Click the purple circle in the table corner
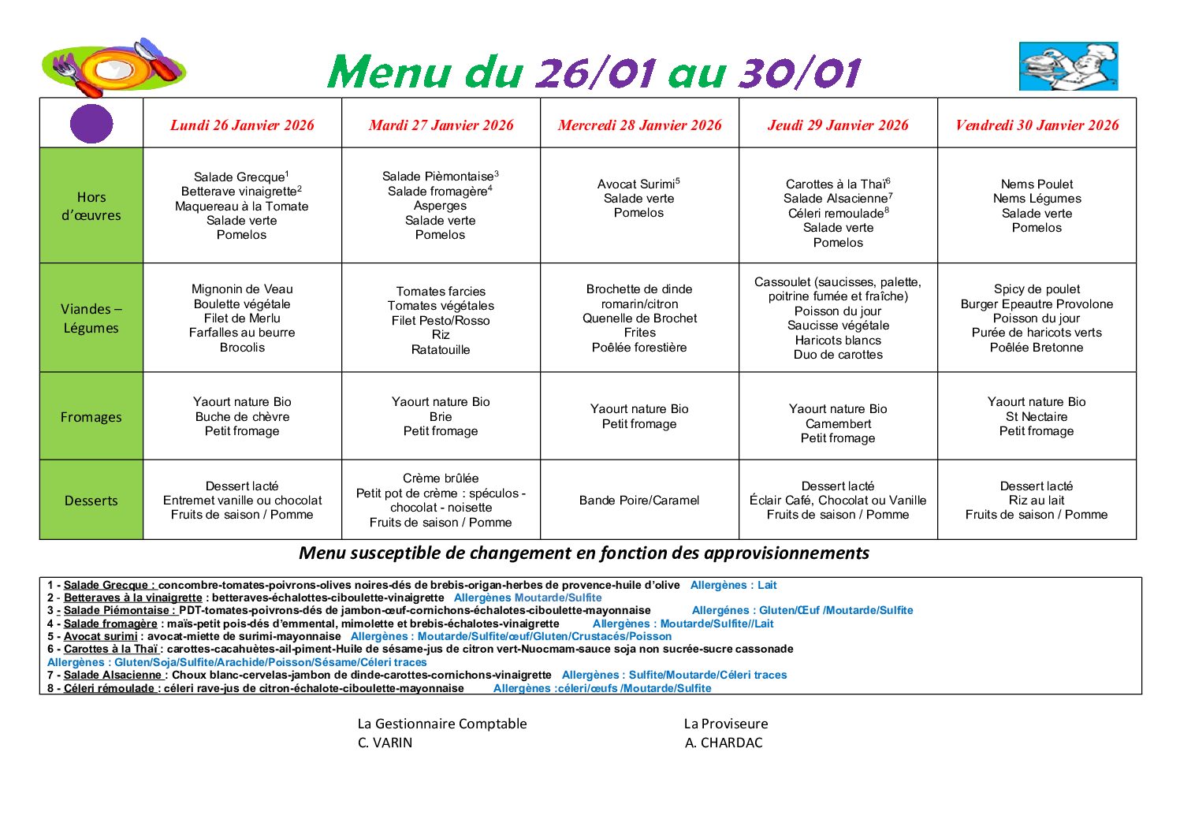(x=91, y=124)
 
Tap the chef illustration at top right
(x=1068, y=67)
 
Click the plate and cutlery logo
(x=114, y=68)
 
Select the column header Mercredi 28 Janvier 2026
(x=639, y=125)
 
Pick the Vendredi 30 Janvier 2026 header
(x=1037, y=125)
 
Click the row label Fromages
(x=91, y=417)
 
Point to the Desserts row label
(x=91, y=501)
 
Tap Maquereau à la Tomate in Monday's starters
(x=242, y=207)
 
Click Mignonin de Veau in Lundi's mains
(x=242, y=289)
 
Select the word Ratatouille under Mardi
(x=441, y=350)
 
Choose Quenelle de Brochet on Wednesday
(x=639, y=318)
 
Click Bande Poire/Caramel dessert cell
(x=639, y=501)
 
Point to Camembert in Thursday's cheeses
(x=838, y=424)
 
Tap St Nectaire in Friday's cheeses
(x=1037, y=417)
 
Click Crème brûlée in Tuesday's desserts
(x=441, y=478)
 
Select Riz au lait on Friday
(x=1037, y=501)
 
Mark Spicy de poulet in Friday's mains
(x=1037, y=289)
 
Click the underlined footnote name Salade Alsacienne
(x=114, y=676)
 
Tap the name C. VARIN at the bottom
(x=385, y=743)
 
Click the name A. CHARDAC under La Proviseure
(x=724, y=743)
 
